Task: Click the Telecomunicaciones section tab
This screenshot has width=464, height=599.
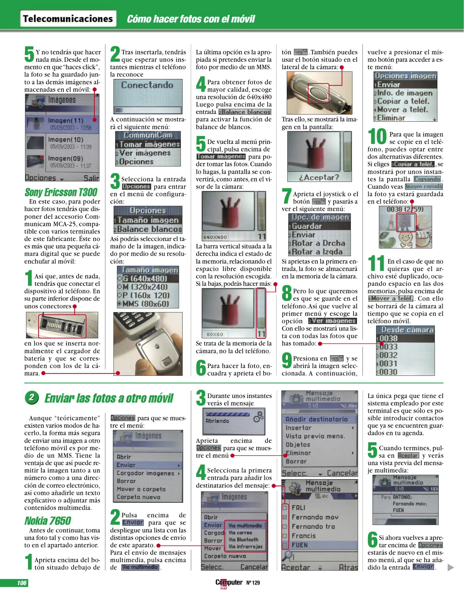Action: tap(68, 19)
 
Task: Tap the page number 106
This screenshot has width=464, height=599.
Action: tap(22, 583)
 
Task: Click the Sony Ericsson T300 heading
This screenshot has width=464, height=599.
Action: tap(61, 192)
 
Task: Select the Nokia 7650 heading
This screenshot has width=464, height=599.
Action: tap(48, 521)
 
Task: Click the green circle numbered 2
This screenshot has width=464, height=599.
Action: tap(32, 398)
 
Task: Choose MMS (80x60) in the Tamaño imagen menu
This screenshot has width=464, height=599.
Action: tap(145, 304)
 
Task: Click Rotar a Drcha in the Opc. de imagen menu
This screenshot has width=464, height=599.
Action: tap(318, 243)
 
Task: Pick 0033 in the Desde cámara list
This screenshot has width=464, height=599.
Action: tap(388, 347)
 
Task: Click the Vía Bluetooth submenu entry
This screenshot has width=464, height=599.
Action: tap(243, 539)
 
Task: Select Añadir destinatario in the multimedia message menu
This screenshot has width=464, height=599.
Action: tap(316, 419)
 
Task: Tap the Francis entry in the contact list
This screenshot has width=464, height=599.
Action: tap(303, 535)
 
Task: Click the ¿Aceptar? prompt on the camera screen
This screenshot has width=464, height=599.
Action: tap(319, 177)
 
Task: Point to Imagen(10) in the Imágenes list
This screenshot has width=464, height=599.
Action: tap(65, 139)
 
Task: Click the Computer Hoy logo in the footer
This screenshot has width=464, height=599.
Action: tap(229, 583)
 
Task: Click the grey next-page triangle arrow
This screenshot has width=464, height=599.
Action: tap(451, 567)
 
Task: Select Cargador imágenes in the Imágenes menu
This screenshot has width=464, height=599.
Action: tap(145, 473)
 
